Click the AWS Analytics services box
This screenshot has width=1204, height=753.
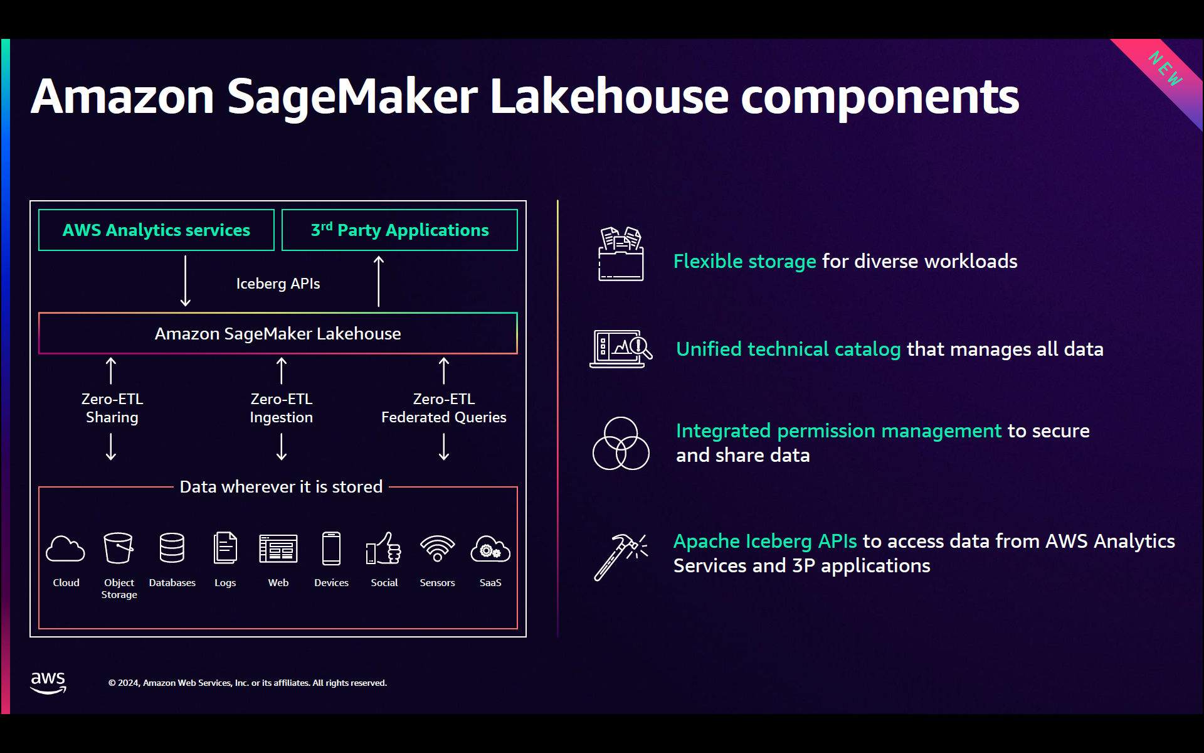click(x=156, y=230)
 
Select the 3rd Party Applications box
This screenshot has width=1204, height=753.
click(x=399, y=230)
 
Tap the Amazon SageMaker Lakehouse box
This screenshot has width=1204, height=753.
click(x=278, y=333)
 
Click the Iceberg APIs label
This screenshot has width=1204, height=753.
click(x=278, y=284)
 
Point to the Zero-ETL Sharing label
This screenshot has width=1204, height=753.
click(x=112, y=408)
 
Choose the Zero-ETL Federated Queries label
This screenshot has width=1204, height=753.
click(x=443, y=408)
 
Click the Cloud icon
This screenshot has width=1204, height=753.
click(x=65, y=549)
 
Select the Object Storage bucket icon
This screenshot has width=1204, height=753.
click(x=119, y=548)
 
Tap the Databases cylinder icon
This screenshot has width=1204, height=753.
click(x=172, y=548)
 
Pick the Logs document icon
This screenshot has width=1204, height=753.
click(x=225, y=548)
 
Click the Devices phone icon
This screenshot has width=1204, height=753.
click(x=331, y=548)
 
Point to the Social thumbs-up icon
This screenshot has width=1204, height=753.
click(x=384, y=548)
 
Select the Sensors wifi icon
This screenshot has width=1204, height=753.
click(x=437, y=548)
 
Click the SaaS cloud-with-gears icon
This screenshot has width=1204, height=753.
click(x=490, y=549)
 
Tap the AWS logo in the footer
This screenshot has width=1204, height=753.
click(x=48, y=682)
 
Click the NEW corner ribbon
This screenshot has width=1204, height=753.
click(x=1166, y=69)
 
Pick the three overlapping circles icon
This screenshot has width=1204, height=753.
click(x=621, y=444)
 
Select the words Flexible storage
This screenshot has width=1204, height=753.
click(x=744, y=261)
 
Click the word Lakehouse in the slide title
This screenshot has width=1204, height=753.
click(x=609, y=97)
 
